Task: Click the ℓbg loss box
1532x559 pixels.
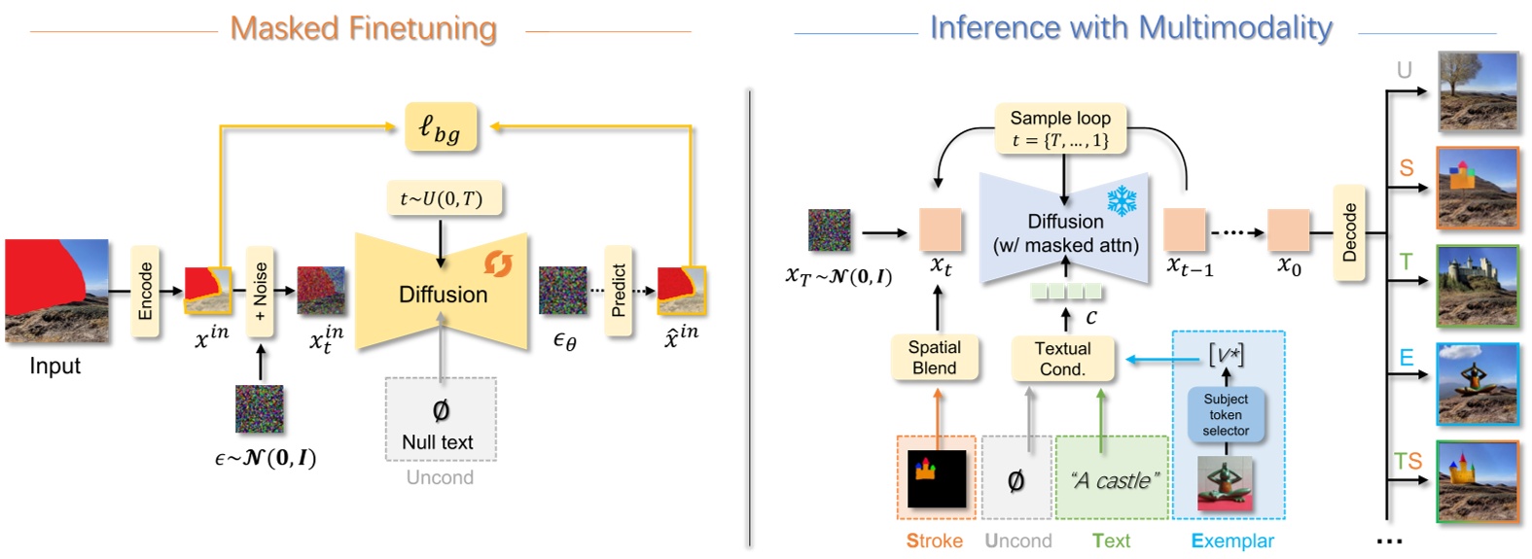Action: (x=441, y=127)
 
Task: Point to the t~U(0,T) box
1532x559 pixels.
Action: (x=441, y=199)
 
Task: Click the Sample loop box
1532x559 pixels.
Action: (x=1060, y=128)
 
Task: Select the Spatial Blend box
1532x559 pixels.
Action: (x=934, y=358)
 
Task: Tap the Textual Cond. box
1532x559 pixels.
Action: (x=1062, y=359)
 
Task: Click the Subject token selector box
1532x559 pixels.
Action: (x=1226, y=415)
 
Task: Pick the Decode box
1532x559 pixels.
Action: (x=1349, y=232)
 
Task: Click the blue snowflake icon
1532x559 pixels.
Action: (x=1122, y=201)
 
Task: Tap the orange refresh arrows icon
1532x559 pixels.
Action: (x=498, y=263)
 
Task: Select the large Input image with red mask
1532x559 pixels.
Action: (x=56, y=291)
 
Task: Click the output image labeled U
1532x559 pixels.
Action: (x=1478, y=92)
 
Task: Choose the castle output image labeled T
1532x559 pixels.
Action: (x=1478, y=286)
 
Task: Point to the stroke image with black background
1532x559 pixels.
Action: (x=937, y=478)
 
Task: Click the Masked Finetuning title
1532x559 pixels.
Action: (x=363, y=28)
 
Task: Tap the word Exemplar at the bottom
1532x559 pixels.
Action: (x=1231, y=542)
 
